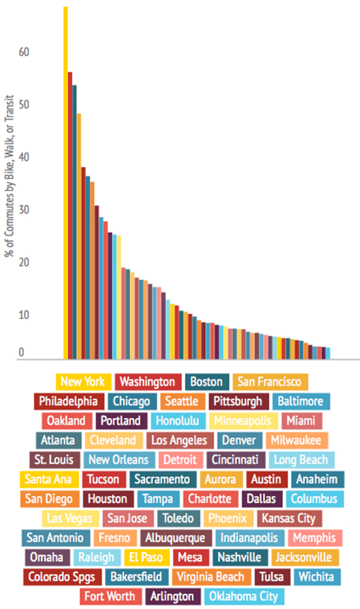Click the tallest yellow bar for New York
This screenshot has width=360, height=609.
pos(65,180)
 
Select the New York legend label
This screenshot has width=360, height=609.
pos(83,382)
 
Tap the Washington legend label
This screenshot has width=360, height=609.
pos(148,382)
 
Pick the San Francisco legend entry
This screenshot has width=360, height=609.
pos(269,382)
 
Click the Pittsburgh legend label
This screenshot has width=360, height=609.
pos(238,401)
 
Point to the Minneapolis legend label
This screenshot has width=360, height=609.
pos(243,421)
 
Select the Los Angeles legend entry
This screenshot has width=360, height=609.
pos(179,440)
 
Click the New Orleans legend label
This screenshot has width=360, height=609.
pos(119,459)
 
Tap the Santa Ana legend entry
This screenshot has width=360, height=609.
pos(49,479)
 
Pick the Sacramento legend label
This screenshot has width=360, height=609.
pos(163,479)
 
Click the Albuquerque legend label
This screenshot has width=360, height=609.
pos(176,538)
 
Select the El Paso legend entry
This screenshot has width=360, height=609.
pos(147,557)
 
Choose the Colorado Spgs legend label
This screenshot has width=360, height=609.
pos(62,577)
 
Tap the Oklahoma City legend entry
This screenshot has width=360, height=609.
pos(243,596)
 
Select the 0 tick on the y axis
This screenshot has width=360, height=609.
pos(22,353)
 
